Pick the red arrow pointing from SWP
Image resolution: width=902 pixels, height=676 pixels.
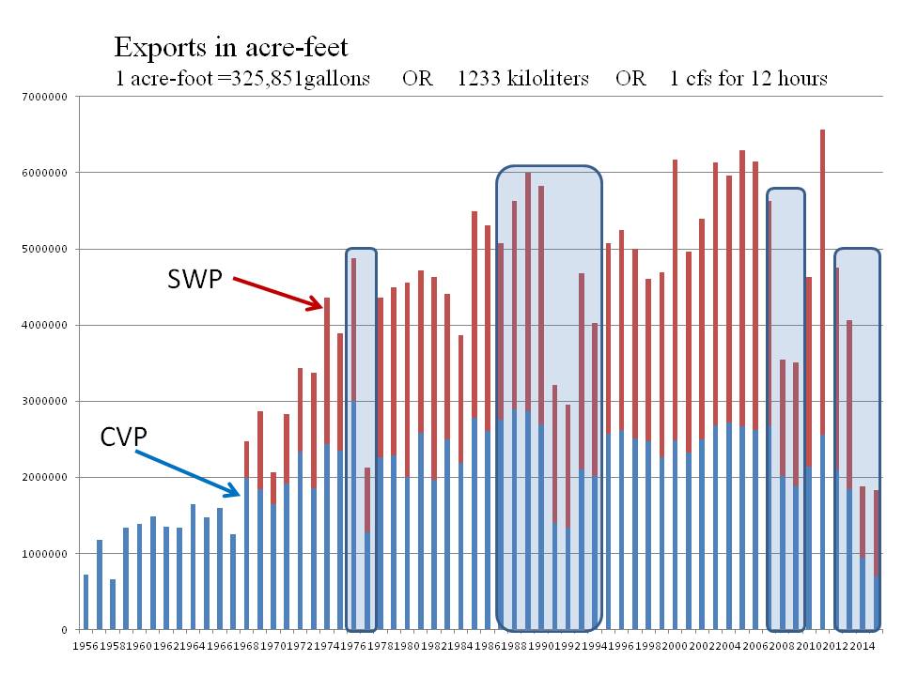pyautogui.click(x=278, y=292)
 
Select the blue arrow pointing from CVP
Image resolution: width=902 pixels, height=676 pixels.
pyautogui.click(x=189, y=473)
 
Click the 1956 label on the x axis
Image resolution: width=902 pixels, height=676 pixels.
pyautogui.click(x=85, y=647)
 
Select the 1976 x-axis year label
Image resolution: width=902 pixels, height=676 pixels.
pyautogui.click(x=352, y=647)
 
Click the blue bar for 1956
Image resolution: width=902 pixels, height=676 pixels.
pyautogui.click(x=86, y=602)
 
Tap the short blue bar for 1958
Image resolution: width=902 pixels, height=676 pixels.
pyautogui.click(x=113, y=605)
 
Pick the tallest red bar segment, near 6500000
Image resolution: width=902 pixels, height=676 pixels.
pyautogui.click(x=823, y=282)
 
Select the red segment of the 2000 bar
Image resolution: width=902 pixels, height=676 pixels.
pyautogui.click(x=676, y=300)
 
